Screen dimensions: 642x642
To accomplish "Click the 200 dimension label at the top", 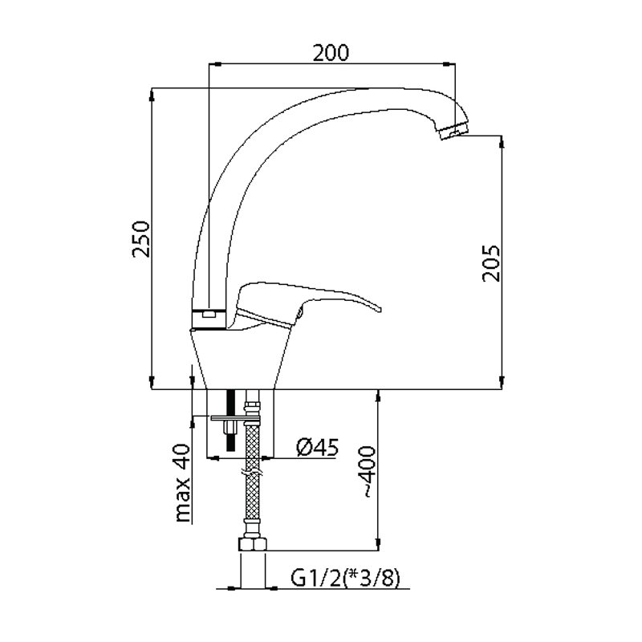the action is (331, 53).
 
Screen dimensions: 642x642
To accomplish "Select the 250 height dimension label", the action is (141, 238).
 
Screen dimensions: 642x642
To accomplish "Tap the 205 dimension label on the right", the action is (491, 263).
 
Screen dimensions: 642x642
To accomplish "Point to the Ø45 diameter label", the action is (318, 447).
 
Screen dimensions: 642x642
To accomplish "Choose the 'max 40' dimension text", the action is (183, 483).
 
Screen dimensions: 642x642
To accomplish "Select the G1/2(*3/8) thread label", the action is (345, 579).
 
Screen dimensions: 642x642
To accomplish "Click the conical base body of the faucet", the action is (242, 358).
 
